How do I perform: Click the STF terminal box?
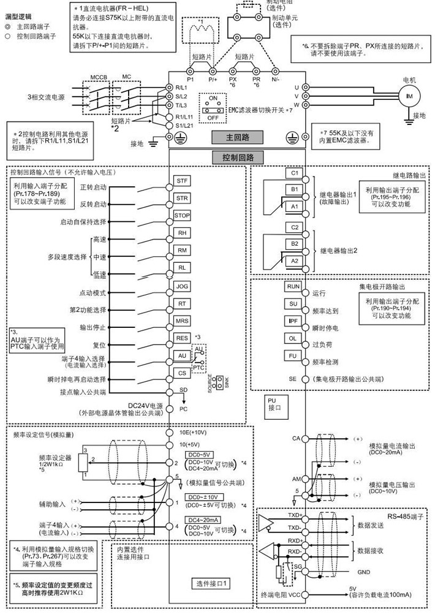182,181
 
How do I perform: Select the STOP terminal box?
182,216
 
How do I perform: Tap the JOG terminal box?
182,286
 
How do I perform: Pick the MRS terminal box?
182,320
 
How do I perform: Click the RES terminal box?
182,338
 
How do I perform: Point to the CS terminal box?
182,373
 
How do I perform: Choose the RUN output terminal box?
293,286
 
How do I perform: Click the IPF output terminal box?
293,320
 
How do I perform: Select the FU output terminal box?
293,355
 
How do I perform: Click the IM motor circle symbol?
407,96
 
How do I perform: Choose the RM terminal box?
182,251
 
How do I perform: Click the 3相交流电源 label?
47,97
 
